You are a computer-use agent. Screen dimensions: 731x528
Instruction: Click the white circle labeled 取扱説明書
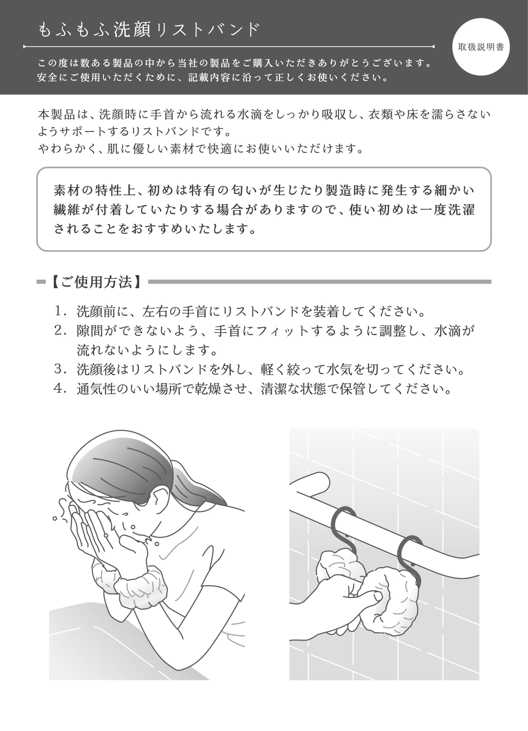pyautogui.click(x=481, y=47)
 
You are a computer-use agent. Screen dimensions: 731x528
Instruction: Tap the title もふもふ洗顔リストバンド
pyautogui.click(x=149, y=30)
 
